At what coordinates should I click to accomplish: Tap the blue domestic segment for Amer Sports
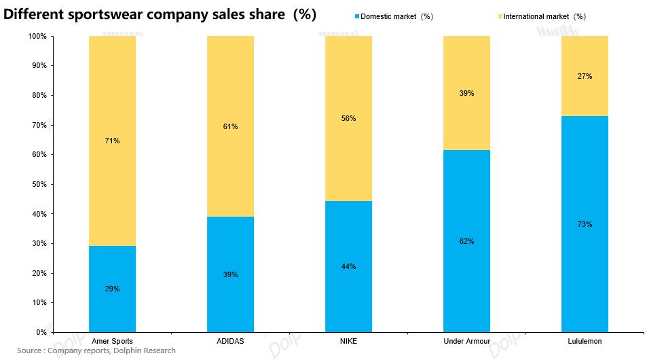pyautogui.click(x=112, y=289)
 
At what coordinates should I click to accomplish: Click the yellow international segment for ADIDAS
pyautogui.click(x=230, y=126)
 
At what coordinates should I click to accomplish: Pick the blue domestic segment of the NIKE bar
pyautogui.click(x=348, y=266)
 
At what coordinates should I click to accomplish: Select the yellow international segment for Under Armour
pyautogui.click(x=466, y=93)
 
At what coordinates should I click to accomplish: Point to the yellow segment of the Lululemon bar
pyautogui.click(x=585, y=76)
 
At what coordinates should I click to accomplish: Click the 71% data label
pyautogui.click(x=112, y=141)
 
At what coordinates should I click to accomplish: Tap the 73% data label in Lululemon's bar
pyautogui.click(x=585, y=224)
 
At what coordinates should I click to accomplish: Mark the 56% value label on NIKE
pyautogui.click(x=348, y=118)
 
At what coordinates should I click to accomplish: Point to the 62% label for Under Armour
pyautogui.click(x=466, y=241)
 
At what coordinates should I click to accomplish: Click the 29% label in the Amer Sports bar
pyautogui.click(x=112, y=289)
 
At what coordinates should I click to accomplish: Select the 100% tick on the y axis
pyautogui.click(x=37, y=36)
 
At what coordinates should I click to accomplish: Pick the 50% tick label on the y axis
pyautogui.click(x=38, y=184)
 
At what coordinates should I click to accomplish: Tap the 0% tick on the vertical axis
pyautogui.click(x=41, y=332)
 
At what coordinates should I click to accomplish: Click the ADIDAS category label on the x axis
pyautogui.click(x=230, y=341)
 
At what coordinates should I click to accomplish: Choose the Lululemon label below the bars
pyautogui.click(x=585, y=341)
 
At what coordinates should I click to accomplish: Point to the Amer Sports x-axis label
pyautogui.click(x=112, y=341)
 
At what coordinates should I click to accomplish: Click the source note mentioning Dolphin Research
pyautogui.click(x=96, y=350)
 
